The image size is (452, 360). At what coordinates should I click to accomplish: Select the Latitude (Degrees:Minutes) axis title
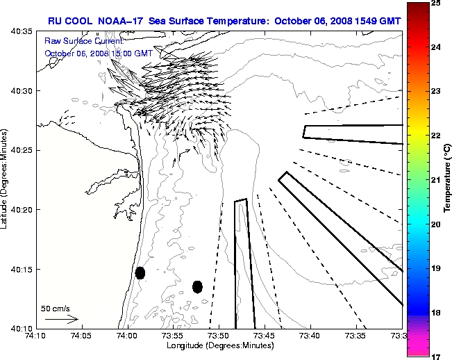pyautogui.click(x=6, y=179)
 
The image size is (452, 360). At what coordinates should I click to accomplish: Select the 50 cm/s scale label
pyautogui.click(x=55, y=308)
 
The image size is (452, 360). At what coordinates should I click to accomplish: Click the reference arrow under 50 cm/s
pyautogui.click(x=61, y=319)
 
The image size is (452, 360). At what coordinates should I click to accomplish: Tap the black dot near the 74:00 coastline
pyautogui.click(x=140, y=272)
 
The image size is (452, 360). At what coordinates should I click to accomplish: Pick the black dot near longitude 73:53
pyautogui.click(x=197, y=286)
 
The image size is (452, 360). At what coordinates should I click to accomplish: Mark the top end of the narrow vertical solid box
pyautogui.click(x=241, y=201)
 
